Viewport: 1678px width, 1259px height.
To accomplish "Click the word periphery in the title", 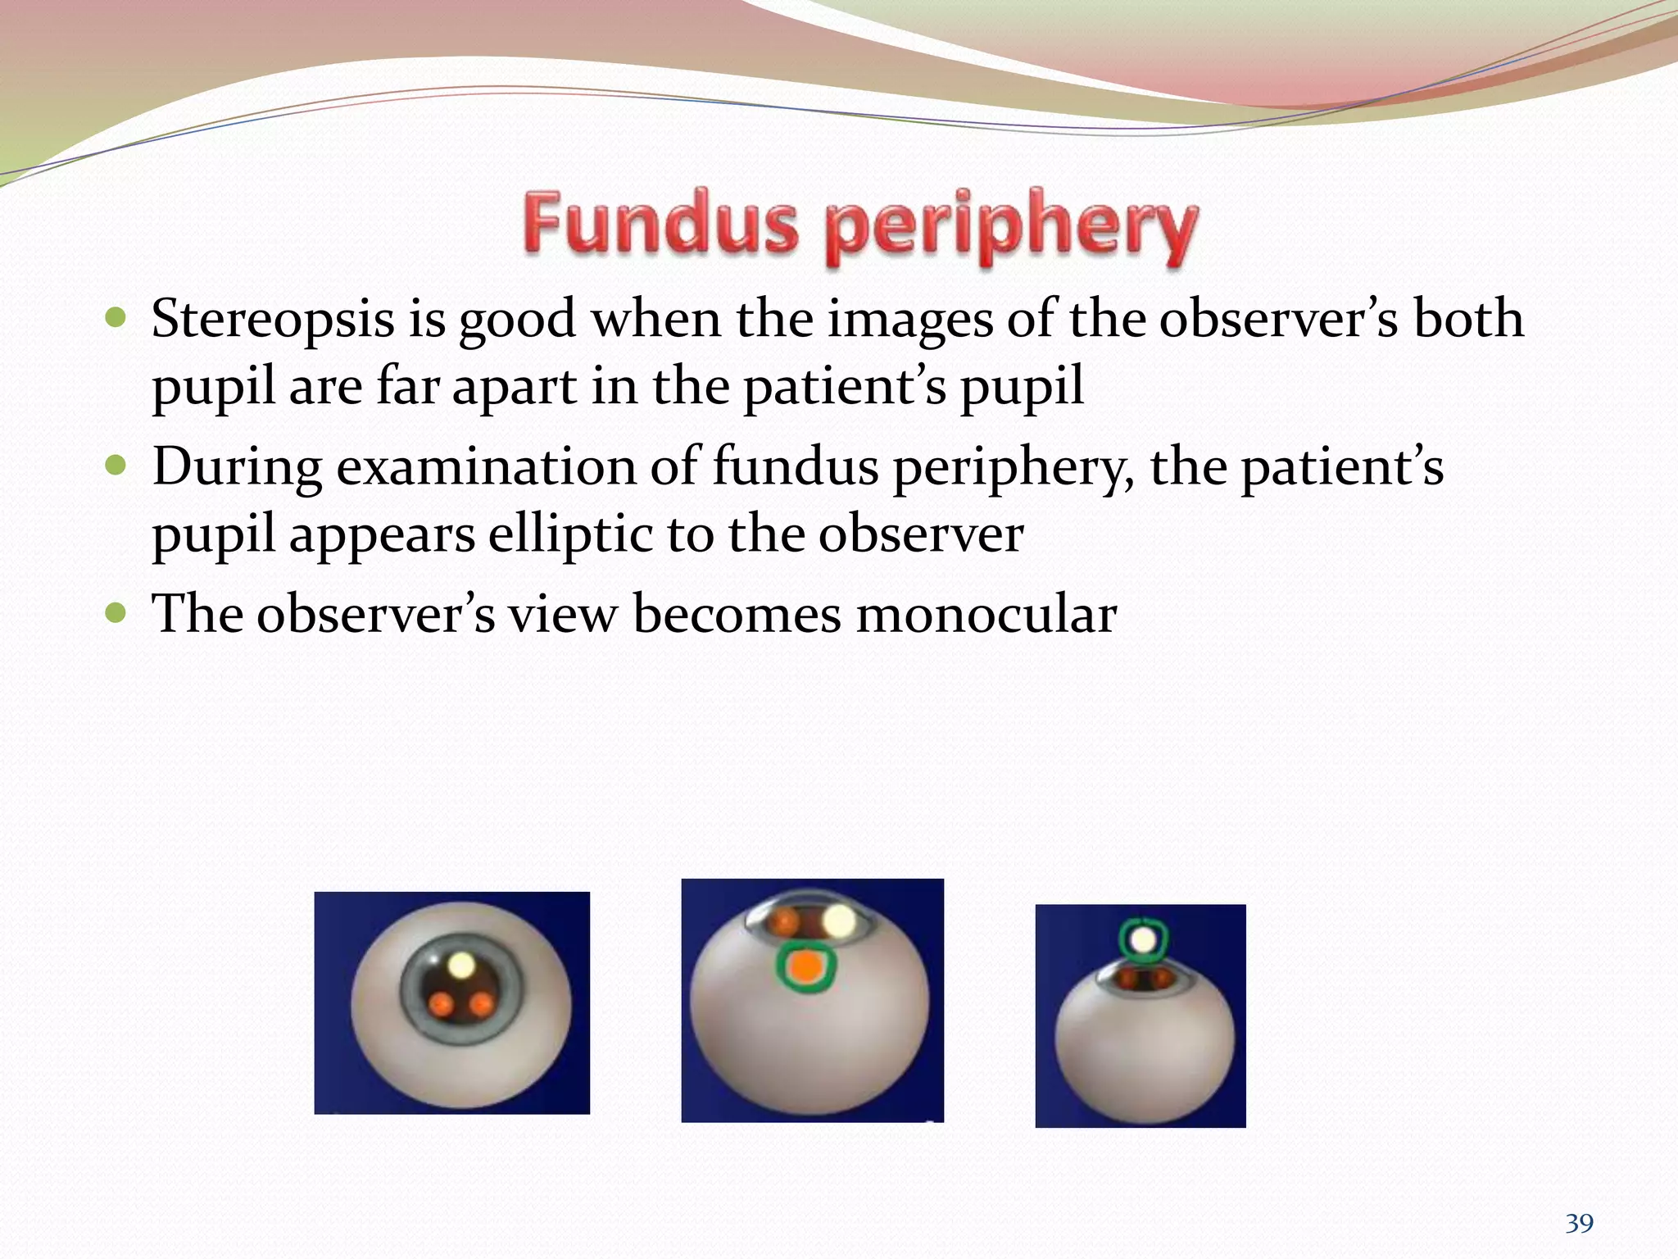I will tap(1011, 227).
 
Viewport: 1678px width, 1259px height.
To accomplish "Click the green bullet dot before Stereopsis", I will tap(116, 318).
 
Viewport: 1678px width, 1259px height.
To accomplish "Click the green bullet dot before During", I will tap(116, 466).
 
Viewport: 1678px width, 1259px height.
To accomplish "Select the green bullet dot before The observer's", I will tap(116, 613).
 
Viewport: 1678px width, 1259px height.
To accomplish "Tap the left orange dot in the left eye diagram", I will tap(441, 1003).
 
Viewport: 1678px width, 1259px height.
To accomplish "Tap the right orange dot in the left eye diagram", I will tap(482, 1003).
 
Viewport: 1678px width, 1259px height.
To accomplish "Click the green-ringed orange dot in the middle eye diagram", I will tap(806, 968).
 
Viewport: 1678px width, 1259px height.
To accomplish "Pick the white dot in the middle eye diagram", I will tap(838, 920).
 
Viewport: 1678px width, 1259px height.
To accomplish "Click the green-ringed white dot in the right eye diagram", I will tap(1143, 938).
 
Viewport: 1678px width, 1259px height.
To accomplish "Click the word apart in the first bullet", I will tap(514, 386).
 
